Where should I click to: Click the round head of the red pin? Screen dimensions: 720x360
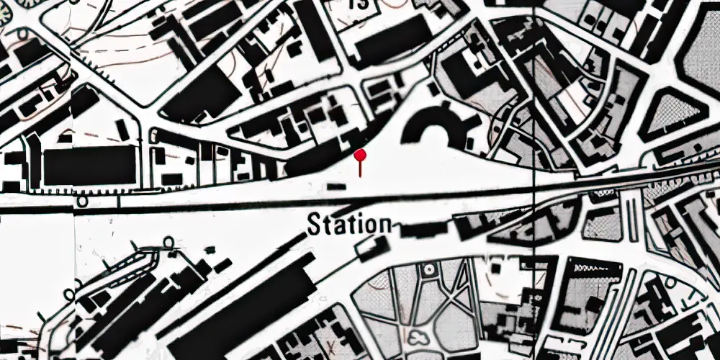tap(361, 153)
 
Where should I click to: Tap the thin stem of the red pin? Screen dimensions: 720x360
tap(361, 167)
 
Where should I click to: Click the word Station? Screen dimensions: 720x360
tap(350, 225)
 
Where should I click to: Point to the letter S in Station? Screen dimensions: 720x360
tap(314, 225)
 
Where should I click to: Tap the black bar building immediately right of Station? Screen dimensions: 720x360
tap(420, 230)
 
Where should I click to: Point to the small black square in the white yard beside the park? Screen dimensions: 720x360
tap(496, 267)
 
